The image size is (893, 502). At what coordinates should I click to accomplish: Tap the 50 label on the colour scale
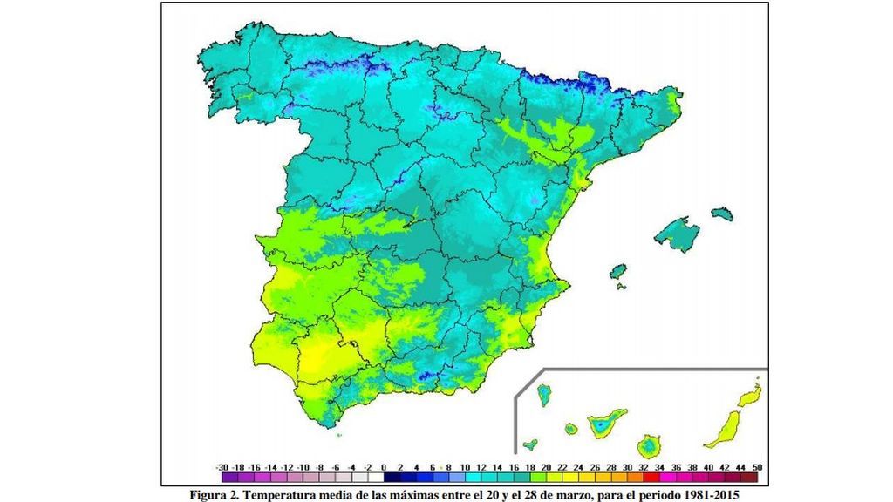[756, 468]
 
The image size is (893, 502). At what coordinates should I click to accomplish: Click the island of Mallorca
[678, 234]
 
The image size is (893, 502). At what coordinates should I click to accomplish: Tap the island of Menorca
[721, 214]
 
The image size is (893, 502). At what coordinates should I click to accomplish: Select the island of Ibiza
[619, 271]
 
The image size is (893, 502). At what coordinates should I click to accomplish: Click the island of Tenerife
[603, 425]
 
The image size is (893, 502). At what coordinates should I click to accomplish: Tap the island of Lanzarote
[748, 397]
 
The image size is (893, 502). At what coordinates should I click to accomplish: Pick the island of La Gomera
[570, 429]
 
